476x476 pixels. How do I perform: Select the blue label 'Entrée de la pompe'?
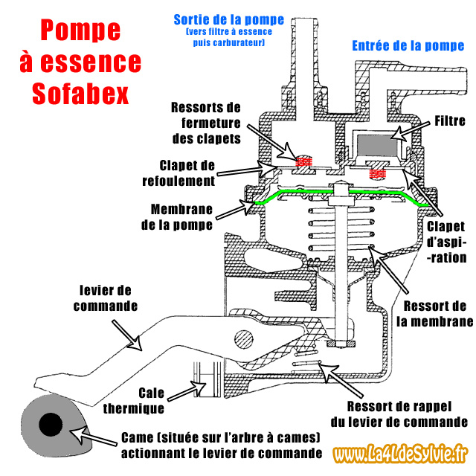click(408, 46)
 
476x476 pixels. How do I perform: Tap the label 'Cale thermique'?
click(161, 399)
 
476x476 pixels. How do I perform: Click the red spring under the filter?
click(379, 173)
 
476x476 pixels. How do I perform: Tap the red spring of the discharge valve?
click(303, 161)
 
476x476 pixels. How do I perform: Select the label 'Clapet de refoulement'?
click(187, 173)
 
